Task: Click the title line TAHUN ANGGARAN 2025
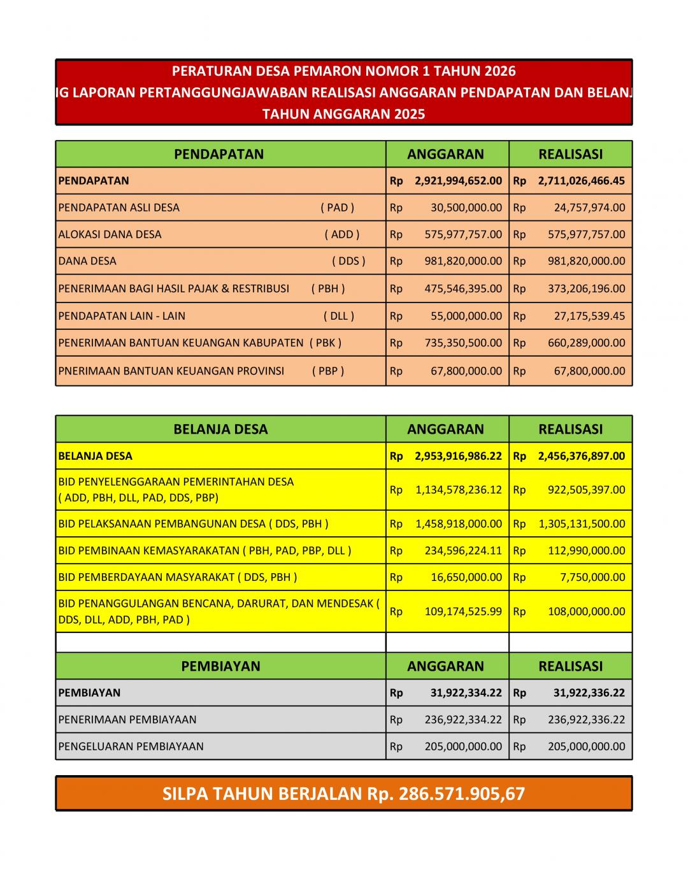[x=343, y=114]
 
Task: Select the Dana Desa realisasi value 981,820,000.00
[x=586, y=261]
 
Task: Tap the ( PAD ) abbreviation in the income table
[x=337, y=208]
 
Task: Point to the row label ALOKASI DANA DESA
[x=110, y=234]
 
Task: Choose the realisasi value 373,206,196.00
[x=586, y=289]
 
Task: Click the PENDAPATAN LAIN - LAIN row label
[x=122, y=316]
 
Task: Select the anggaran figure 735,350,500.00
[x=463, y=343]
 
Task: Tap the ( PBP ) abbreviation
[x=327, y=371]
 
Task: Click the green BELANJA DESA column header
[x=220, y=429]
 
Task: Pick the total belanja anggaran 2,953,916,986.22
[x=458, y=456]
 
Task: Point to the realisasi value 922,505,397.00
[x=586, y=490]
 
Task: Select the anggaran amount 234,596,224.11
[x=463, y=551]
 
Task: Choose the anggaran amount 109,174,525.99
[x=463, y=611]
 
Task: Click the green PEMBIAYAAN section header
[x=220, y=666]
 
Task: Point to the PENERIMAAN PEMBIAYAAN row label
[x=127, y=720]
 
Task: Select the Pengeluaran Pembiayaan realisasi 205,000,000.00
[x=586, y=746]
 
